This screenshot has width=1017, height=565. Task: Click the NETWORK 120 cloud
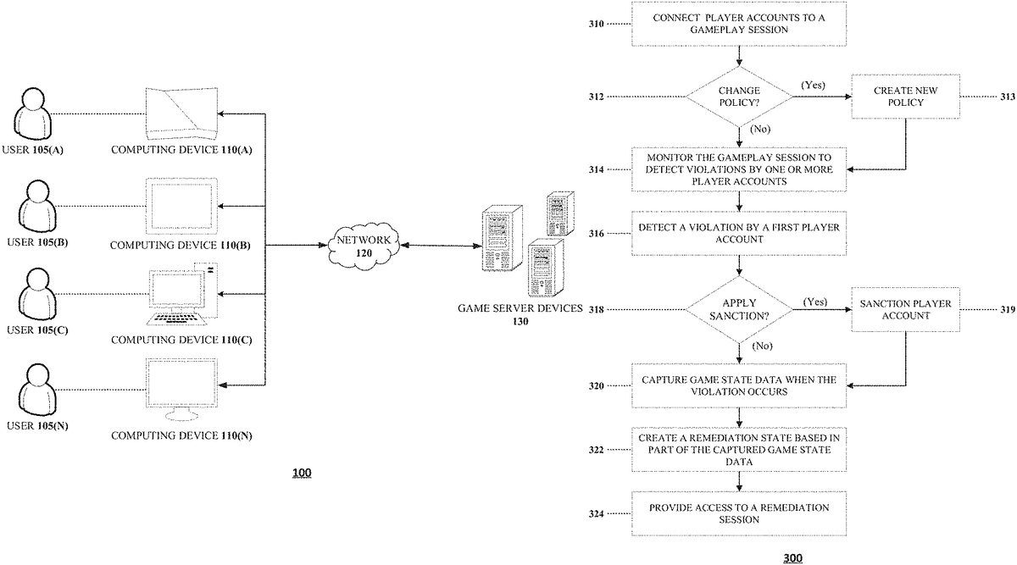click(362, 246)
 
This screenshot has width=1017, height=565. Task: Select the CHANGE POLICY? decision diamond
click(739, 96)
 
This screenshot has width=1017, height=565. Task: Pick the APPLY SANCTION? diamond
click(739, 309)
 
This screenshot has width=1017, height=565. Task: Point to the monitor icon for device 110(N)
click(180, 388)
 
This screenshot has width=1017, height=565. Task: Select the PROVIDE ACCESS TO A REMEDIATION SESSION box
click(739, 512)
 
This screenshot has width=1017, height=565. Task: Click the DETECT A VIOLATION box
click(739, 233)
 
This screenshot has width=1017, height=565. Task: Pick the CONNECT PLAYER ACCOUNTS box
click(739, 24)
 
